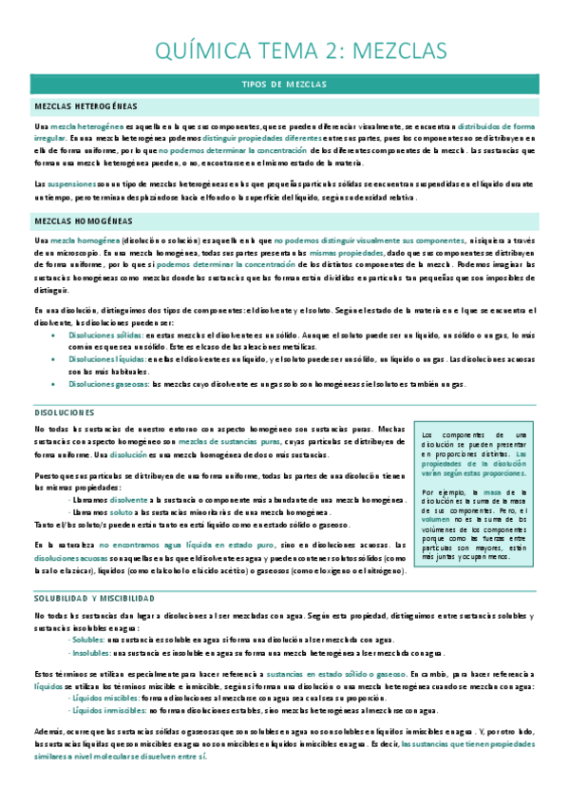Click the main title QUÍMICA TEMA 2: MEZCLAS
pos(285,49)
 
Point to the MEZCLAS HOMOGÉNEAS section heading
pos(83,221)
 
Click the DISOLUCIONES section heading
pos(64,413)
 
